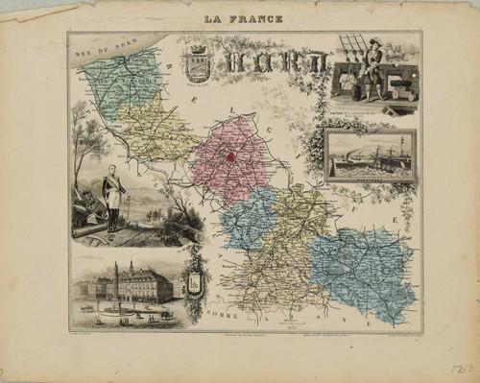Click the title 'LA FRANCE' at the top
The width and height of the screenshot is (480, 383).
245,19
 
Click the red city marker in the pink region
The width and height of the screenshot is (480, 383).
231,156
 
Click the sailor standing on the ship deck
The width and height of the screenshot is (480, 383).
372,69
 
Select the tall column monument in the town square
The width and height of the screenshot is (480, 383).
117,282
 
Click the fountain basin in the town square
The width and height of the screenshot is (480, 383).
117,309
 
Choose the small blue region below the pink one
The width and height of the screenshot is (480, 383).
248,221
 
